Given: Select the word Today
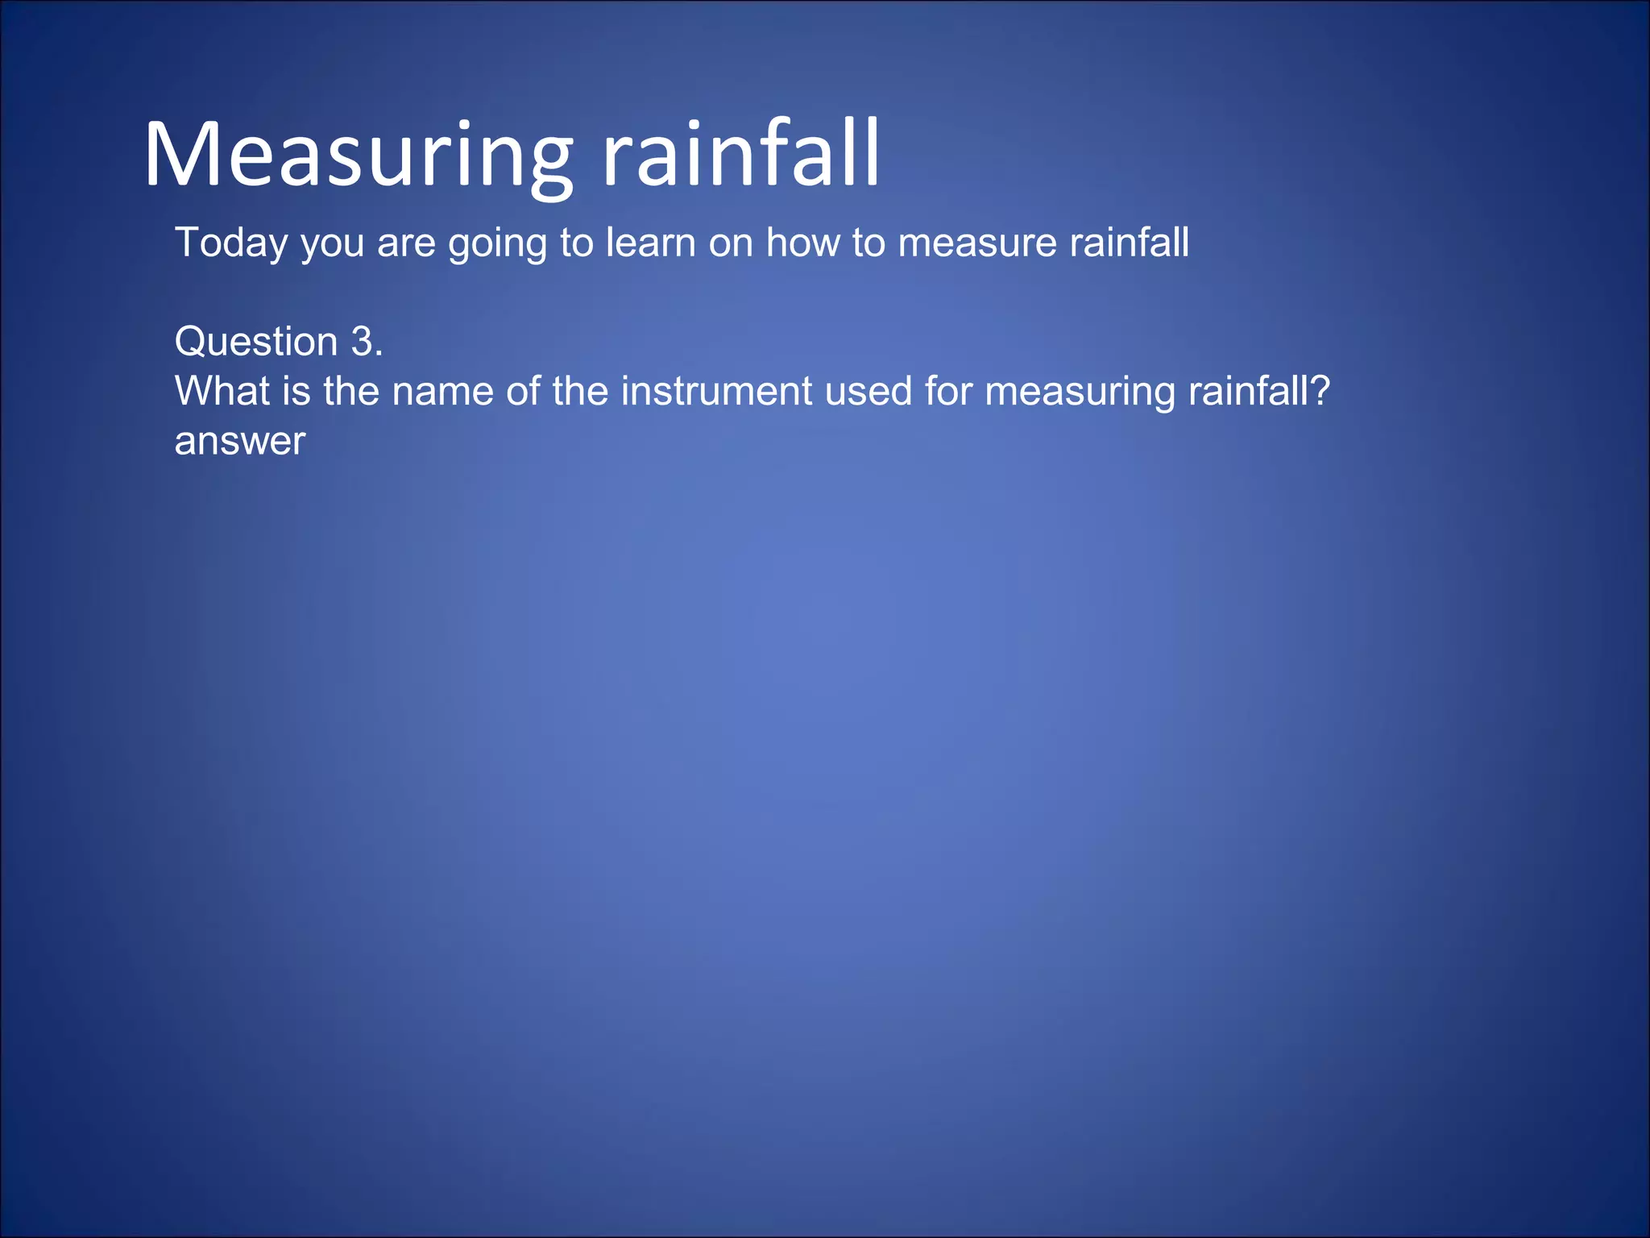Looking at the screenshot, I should coord(231,243).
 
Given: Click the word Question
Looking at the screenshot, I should coord(255,343).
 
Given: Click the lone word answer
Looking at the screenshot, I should coord(240,442).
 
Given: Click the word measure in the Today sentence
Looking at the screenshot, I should coord(976,243).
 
